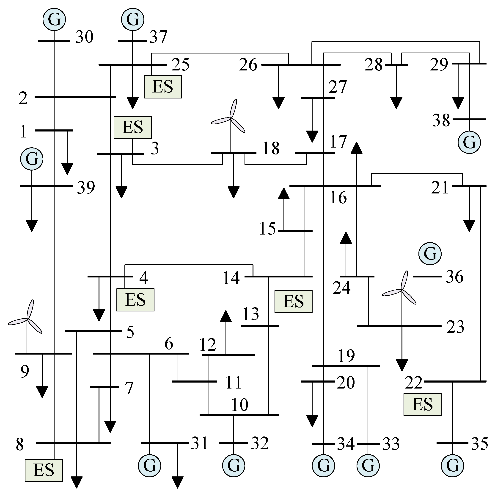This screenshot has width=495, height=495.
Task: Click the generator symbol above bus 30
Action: pyautogui.click(x=54, y=19)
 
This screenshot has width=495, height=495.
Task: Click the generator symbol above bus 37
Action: pyautogui.click(x=133, y=19)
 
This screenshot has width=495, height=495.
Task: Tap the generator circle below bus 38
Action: pyautogui.click(x=469, y=142)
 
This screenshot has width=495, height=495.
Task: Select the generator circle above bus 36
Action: pyautogui.click(x=430, y=254)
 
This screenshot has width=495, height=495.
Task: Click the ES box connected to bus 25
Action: pyautogui.click(x=163, y=87)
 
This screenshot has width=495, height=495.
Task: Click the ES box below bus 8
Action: pyautogui.click(x=44, y=470)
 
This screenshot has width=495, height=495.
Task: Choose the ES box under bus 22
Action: pyautogui.click(x=422, y=404)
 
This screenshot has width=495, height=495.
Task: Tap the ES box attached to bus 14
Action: pyautogui.click(x=293, y=301)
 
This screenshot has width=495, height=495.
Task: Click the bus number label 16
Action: pyautogui.click(x=338, y=198)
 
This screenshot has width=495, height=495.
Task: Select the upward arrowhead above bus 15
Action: pyautogui.click(x=284, y=194)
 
